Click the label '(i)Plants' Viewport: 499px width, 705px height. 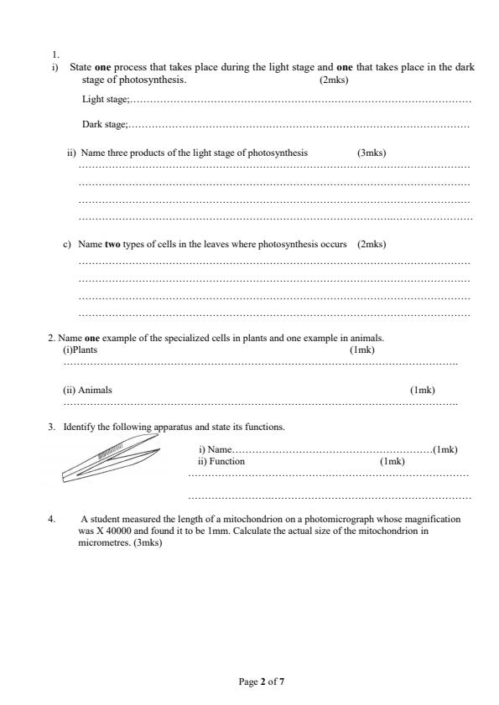[81, 350]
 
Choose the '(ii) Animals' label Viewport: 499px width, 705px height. [87, 390]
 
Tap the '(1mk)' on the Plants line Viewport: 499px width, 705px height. [361, 350]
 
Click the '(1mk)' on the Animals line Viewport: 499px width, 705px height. [422, 390]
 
